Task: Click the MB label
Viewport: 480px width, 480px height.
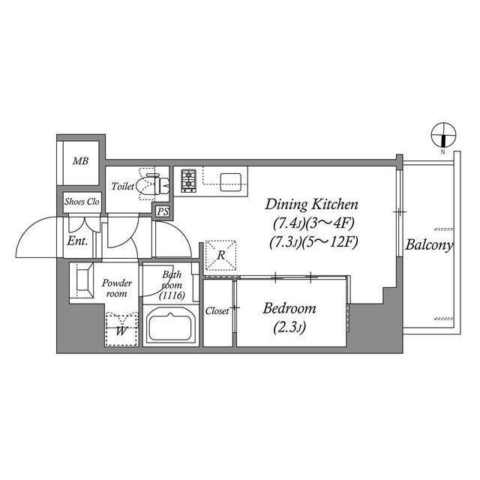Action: [x=80, y=161]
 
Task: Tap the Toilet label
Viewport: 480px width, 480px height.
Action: [x=122, y=186]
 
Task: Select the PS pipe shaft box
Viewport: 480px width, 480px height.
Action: [x=163, y=211]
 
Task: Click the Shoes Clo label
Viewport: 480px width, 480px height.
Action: [x=82, y=202]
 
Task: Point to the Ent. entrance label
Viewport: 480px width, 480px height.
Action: [x=77, y=241]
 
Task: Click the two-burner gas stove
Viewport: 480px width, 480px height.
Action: [x=188, y=180]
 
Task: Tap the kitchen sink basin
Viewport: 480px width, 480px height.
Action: [x=230, y=182]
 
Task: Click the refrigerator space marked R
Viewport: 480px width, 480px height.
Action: [x=220, y=255]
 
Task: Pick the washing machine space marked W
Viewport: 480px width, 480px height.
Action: [x=121, y=329]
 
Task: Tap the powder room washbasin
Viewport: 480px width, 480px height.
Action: [x=83, y=280]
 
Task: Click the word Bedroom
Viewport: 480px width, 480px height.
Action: [x=289, y=308]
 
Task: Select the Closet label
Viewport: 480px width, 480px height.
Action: [x=217, y=311]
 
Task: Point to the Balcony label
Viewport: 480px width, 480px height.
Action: [x=429, y=245]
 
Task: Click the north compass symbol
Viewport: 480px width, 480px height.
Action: [x=443, y=135]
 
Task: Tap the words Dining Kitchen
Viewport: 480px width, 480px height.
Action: [x=311, y=205]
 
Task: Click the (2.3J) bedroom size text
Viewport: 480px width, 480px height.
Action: [x=289, y=328]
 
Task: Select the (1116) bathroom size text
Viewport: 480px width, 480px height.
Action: [x=172, y=295]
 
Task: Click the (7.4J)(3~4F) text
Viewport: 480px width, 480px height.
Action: [x=313, y=223]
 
